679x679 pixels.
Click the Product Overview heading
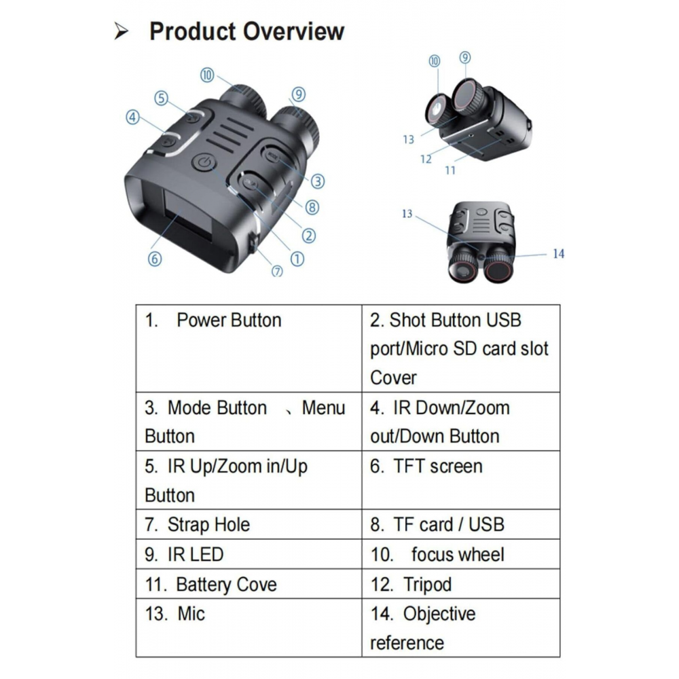point(246,31)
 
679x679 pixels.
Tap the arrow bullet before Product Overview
point(122,31)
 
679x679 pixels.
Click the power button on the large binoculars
point(204,163)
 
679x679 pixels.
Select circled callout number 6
point(155,259)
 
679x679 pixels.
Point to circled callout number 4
point(132,117)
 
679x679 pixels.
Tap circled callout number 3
point(318,181)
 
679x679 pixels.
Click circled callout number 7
point(277,271)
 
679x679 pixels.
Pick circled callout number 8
point(312,207)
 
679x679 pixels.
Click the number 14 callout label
point(559,254)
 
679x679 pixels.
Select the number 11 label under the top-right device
point(450,170)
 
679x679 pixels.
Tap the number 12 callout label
point(426,160)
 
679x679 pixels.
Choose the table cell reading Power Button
point(249,348)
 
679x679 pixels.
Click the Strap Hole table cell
point(249,524)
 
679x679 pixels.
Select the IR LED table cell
point(249,554)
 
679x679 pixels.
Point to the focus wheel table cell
point(461,554)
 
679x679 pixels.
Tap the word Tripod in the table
point(427,585)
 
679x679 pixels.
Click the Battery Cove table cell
point(249,584)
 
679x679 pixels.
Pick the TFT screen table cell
point(461,480)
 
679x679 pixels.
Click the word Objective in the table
point(439,614)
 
